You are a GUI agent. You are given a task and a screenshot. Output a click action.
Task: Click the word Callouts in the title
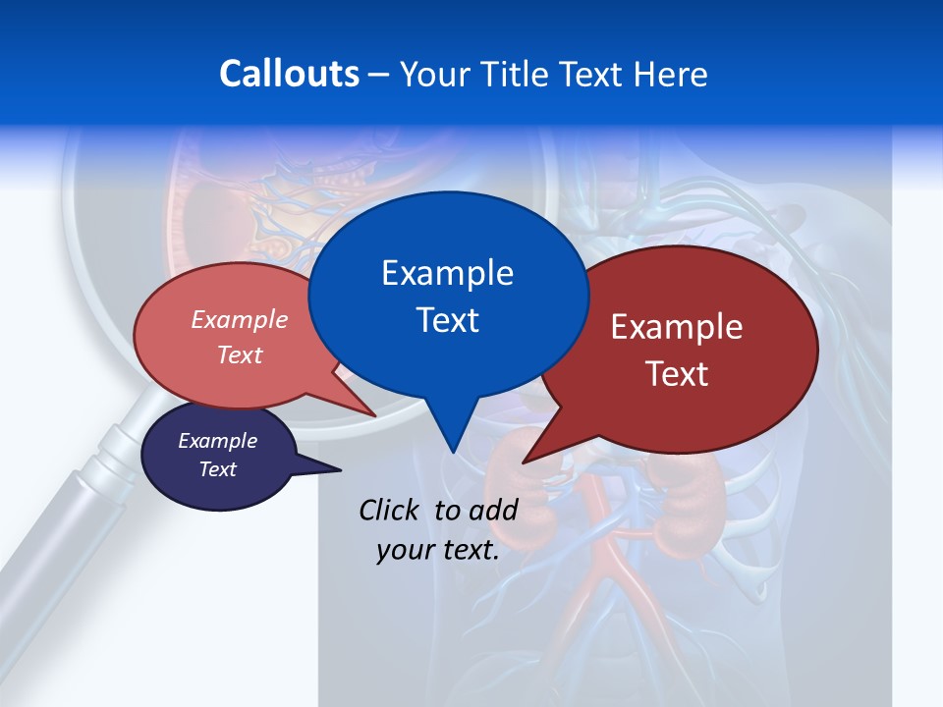pyautogui.click(x=289, y=74)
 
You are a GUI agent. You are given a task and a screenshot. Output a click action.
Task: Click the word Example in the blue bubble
pyautogui.click(x=447, y=273)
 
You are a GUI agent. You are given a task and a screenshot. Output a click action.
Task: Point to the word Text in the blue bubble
pyautogui.click(x=447, y=320)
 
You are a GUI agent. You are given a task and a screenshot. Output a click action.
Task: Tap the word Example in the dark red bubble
pyautogui.click(x=677, y=327)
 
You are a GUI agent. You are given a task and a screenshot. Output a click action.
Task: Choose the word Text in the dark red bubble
pyautogui.click(x=677, y=374)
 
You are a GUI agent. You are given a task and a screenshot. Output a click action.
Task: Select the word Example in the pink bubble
pyautogui.click(x=240, y=319)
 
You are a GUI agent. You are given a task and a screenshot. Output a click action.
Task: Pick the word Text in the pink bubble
pyautogui.click(x=240, y=354)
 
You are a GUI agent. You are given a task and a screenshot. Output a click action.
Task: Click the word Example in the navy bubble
pyautogui.click(x=218, y=441)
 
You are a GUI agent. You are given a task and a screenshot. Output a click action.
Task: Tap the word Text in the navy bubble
pyautogui.click(x=218, y=469)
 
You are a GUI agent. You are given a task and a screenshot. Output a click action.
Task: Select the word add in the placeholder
pyautogui.click(x=493, y=510)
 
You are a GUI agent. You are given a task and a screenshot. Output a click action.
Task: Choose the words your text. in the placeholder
pyautogui.click(x=438, y=551)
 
